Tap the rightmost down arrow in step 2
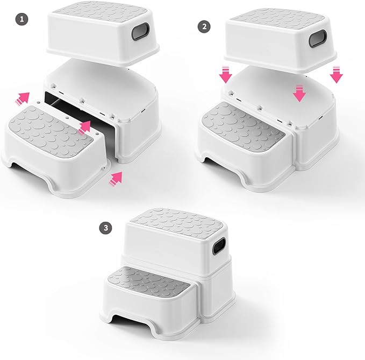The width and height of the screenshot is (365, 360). pyautogui.click(x=337, y=75)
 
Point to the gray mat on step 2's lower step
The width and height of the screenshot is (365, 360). pyautogui.click(x=245, y=122)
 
